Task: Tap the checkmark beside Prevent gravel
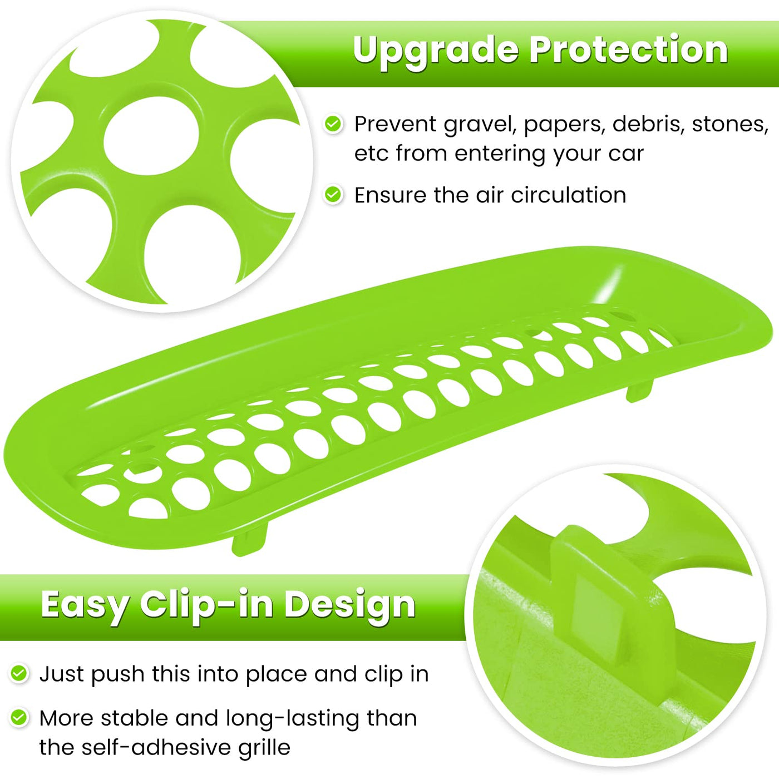click(x=333, y=124)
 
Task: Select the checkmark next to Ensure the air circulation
click(x=333, y=195)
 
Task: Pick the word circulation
click(x=568, y=195)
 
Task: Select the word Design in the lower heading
click(x=349, y=606)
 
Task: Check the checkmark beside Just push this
click(x=18, y=673)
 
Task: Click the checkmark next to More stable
click(x=18, y=718)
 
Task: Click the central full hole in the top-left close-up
click(x=151, y=136)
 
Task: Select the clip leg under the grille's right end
click(x=639, y=390)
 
